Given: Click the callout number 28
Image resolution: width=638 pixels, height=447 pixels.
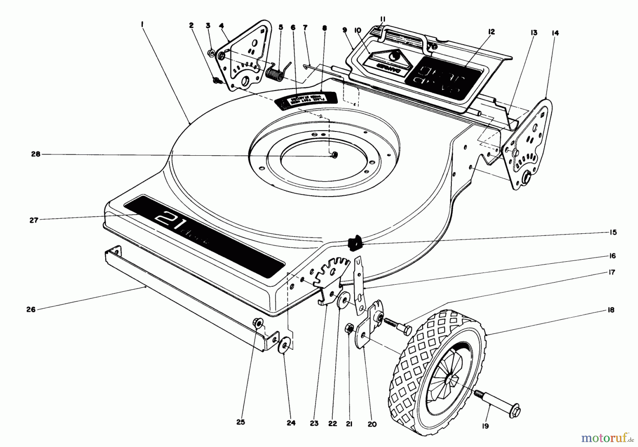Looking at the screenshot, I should tap(36, 154).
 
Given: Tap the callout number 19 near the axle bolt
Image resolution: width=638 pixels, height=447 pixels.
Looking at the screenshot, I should tap(485, 426).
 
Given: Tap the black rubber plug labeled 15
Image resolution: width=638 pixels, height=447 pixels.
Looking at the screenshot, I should tap(353, 243).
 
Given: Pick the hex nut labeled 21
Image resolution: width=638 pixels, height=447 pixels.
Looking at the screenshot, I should tap(349, 329).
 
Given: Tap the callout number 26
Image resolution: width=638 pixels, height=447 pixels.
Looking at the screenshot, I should tap(31, 309).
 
